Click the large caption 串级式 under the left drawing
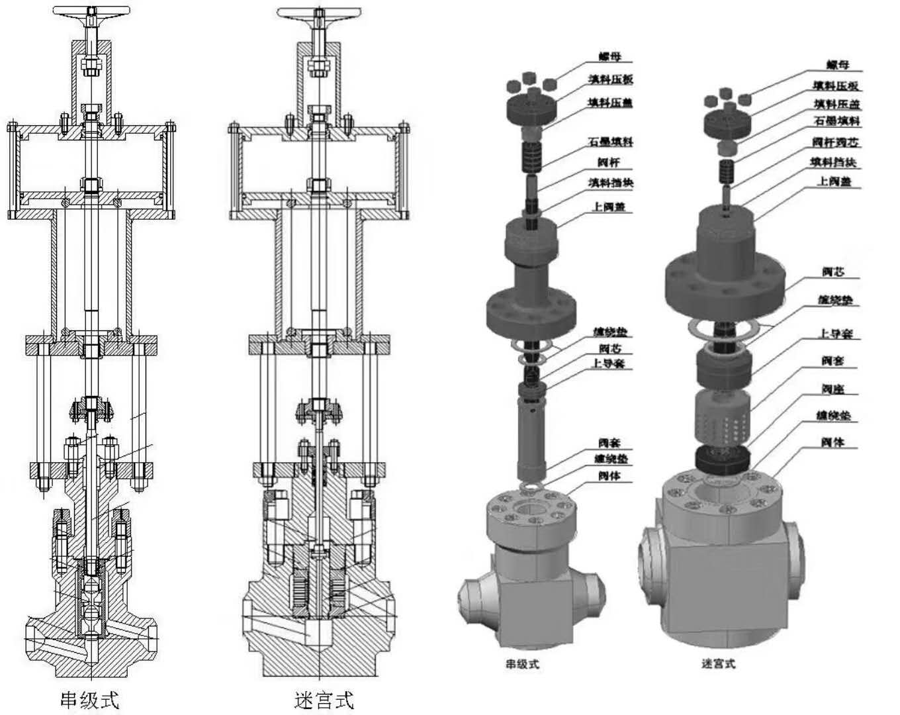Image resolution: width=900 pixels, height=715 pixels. pos(90,700)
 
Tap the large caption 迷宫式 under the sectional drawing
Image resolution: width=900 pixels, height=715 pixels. pos(324,700)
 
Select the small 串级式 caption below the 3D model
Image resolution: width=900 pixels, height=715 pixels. pos(522,664)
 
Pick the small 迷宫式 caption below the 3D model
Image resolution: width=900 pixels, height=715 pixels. pos(718,663)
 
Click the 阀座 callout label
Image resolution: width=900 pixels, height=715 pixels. pos(832,389)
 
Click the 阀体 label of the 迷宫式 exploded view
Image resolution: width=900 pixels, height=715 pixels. pos(832,442)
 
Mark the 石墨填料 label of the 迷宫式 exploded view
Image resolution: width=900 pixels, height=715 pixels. pos(836,121)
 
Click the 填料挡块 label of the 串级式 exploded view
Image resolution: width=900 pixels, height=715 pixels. pos(611,183)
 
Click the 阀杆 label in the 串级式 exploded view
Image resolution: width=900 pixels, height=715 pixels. pos(609,163)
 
